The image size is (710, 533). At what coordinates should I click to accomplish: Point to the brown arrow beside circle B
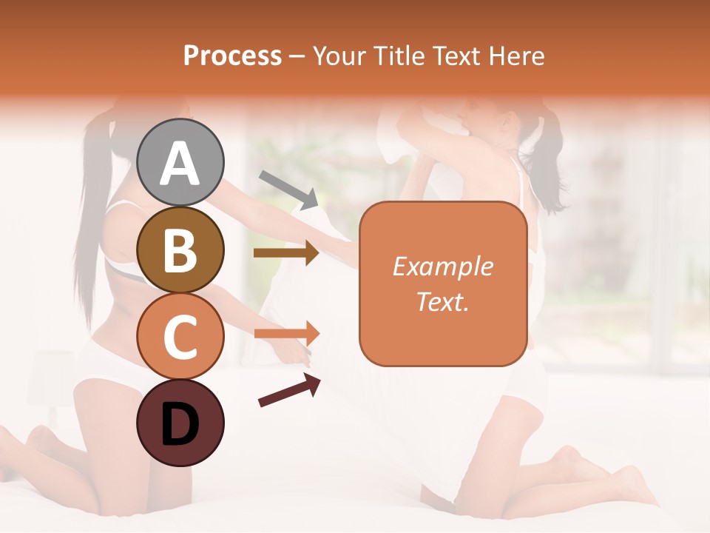[x=286, y=253]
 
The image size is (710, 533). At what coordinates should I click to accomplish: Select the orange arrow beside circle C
[x=287, y=333]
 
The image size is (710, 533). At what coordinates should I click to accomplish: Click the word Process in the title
[x=232, y=56]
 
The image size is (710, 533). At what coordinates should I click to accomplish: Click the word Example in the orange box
[x=442, y=266]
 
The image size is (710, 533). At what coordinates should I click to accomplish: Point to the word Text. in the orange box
[x=442, y=301]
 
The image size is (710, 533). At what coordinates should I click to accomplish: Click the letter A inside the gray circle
[x=180, y=164]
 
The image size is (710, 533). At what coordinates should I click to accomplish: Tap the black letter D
[x=180, y=424]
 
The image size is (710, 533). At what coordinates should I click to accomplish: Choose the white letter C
[x=180, y=337]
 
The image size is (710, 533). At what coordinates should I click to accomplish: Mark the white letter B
[x=180, y=251]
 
